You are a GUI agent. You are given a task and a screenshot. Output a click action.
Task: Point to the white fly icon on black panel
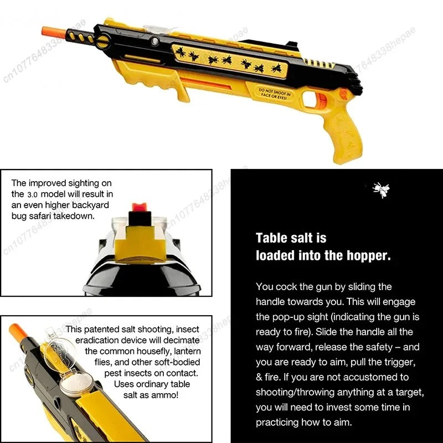point(380,190)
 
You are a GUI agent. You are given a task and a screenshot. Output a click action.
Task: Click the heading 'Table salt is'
point(291,238)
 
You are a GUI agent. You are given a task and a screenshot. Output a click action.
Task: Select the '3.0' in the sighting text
point(33,194)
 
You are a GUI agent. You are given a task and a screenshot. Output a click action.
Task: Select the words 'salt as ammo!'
point(152,394)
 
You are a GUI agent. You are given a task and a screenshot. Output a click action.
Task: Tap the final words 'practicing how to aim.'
point(304,421)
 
